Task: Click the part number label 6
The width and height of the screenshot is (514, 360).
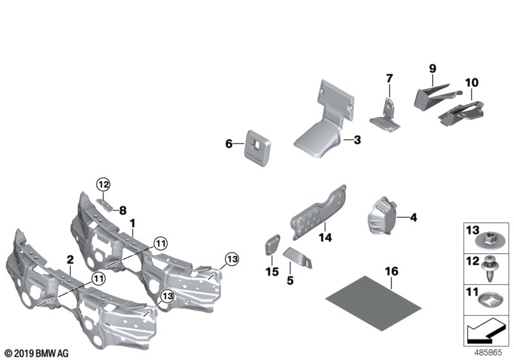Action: (228, 145)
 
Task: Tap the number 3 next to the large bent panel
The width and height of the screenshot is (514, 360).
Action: (357, 139)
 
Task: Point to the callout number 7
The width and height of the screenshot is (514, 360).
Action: (389, 78)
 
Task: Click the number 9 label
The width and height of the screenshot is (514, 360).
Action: (432, 67)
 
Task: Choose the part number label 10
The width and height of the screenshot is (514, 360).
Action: (472, 82)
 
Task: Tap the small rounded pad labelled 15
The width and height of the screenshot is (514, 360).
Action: (270, 246)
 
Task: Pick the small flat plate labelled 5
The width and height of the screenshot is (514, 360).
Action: (300, 257)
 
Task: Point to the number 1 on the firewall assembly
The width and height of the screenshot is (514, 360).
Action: (132, 223)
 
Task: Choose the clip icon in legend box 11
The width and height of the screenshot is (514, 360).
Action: (489, 300)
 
